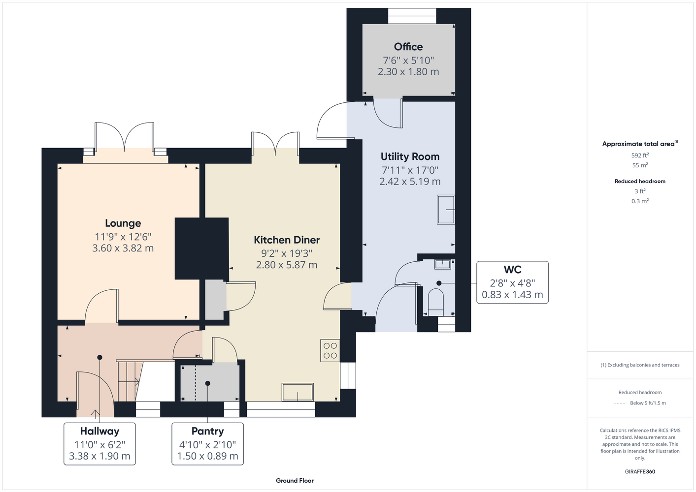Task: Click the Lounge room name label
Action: (x=123, y=223)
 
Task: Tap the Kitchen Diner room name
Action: (x=287, y=240)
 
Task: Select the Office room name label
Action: (x=408, y=47)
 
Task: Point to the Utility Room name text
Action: (x=410, y=157)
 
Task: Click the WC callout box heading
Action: (x=512, y=270)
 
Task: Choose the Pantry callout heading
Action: (x=207, y=431)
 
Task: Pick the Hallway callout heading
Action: (x=99, y=431)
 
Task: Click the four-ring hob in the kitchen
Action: (x=330, y=351)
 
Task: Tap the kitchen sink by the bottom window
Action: (x=298, y=392)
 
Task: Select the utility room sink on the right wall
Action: (x=446, y=210)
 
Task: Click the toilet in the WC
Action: (x=435, y=303)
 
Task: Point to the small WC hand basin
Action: (x=442, y=265)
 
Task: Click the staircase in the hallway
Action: (x=128, y=381)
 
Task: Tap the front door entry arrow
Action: (x=95, y=413)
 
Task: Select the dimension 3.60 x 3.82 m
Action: (x=123, y=248)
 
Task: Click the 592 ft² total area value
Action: (x=640, y=155)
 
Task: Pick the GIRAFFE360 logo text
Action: (x=640, y=471)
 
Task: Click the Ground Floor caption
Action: (x=295, y=481)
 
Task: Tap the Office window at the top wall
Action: (x=412, y=16)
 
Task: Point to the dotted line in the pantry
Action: (x=196, y=383)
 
